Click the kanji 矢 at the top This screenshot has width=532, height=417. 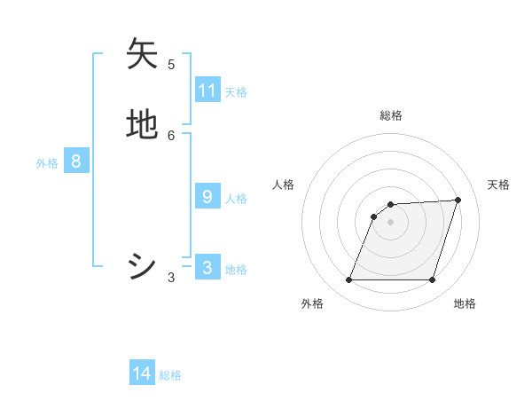tap(143, 54)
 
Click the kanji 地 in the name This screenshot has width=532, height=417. tap(143, 125)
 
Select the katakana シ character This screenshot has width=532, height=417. tap(143, 266)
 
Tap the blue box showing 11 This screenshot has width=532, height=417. tap(207, 90)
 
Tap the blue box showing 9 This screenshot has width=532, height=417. tap(207, 197)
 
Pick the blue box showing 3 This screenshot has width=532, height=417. tap(207, 268)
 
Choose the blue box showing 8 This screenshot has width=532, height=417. tap(76, 161)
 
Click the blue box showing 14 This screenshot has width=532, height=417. tap(142, 374)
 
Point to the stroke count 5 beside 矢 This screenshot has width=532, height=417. tap(171, 64)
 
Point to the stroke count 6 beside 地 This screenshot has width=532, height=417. tap(171, 135)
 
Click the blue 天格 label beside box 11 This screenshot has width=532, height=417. tap(236, 91)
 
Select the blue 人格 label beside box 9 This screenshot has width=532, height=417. tap(236, 199)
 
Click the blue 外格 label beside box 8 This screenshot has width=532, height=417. tap(47, 163)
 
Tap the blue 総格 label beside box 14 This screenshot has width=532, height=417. tap(170, 375)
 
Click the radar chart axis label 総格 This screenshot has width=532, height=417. tap(391, 115)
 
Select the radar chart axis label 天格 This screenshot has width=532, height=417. tap(498, 185)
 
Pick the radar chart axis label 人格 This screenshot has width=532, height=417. tap(283, 185)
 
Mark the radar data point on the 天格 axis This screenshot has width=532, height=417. tap(458, 200)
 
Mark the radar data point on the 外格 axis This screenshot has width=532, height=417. tap(349, 279)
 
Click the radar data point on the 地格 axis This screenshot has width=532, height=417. tap(432, 279)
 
